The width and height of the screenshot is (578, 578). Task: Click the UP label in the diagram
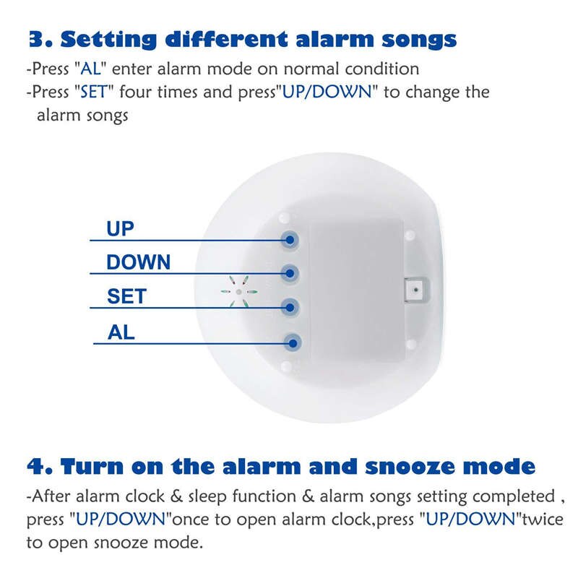121,229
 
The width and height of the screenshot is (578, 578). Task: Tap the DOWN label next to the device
139,262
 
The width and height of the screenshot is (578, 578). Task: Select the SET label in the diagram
126,296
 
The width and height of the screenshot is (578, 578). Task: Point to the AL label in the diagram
121,332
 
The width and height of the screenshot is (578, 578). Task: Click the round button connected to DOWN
290,272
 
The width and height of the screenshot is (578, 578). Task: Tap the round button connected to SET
290,306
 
